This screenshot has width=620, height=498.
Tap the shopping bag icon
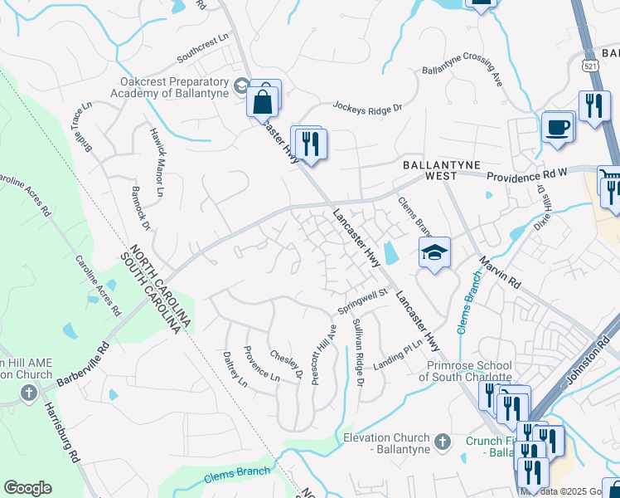[263, 103]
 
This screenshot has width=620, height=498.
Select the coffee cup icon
[557, 128]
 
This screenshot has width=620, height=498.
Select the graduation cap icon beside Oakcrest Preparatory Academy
[241, 85]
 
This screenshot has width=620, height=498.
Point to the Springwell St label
[362, 302]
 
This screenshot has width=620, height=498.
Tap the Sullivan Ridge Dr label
[357, 352]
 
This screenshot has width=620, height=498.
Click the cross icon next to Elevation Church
[442, 440]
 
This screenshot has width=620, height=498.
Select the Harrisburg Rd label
[61, 432]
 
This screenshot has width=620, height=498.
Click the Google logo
[27, 488]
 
